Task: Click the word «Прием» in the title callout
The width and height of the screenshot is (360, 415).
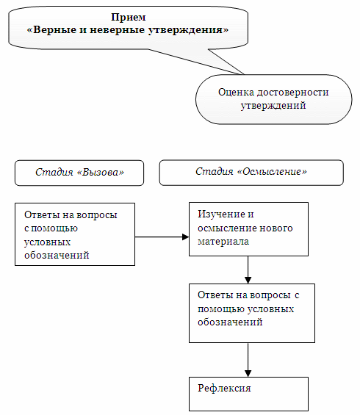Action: tap(128, 17)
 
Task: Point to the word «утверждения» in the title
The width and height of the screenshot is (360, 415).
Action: tap(188, 29)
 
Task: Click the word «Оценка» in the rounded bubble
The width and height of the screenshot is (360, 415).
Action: tap(237, 93)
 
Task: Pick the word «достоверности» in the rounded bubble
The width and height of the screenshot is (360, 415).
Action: tap(292, 93)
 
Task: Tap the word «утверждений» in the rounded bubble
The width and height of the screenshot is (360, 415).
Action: tap(273, 106)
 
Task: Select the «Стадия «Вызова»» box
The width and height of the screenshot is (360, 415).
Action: tap(79, 173)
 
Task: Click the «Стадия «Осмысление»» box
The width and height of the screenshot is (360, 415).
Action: tap(251, 173)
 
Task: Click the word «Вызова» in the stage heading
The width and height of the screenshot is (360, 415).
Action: tap(101, 173)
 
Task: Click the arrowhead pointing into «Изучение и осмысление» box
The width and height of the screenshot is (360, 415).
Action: tap(186, 237)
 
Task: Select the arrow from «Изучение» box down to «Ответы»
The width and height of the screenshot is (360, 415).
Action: tap(248, 270)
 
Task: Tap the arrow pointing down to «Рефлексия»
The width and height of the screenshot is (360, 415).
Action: tap(248, 360)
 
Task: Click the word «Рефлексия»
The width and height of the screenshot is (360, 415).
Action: tap(224, 389)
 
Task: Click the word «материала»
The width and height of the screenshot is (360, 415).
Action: tap(223, 242)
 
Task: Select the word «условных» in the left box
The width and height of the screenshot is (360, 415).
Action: tap(47, 242)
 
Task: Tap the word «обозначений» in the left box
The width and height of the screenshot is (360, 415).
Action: tap(57, 256)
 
